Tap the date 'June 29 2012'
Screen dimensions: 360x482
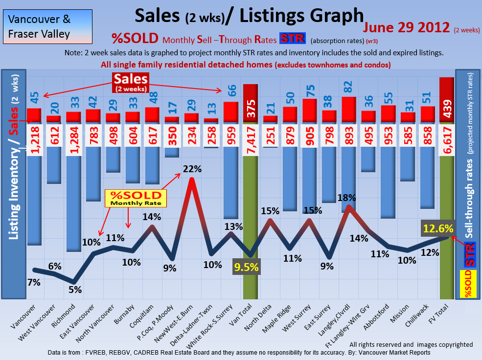[406, 27]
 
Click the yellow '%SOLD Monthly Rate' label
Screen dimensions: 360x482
[136, 198]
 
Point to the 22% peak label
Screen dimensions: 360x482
[192, 169]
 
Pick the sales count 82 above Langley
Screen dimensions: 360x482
[348, 87]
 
